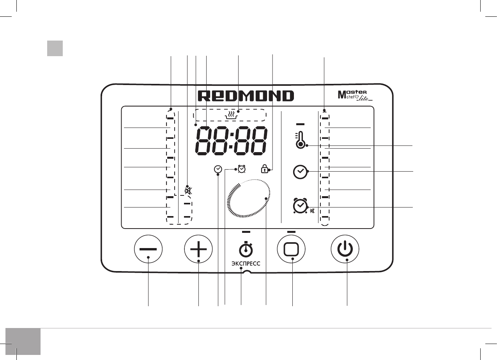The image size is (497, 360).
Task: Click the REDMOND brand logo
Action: coord(246,96)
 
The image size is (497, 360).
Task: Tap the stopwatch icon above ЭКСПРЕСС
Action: coord(246,248)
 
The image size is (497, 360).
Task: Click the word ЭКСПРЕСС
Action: coord(246,264)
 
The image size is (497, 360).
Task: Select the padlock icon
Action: coord(265,169)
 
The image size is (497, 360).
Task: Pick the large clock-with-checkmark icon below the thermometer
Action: coord(300,172)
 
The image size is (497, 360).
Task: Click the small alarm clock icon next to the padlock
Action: coord(242,168)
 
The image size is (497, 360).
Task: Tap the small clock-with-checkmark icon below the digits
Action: coord(218,169)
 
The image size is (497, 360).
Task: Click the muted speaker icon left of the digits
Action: coord(188,191)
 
